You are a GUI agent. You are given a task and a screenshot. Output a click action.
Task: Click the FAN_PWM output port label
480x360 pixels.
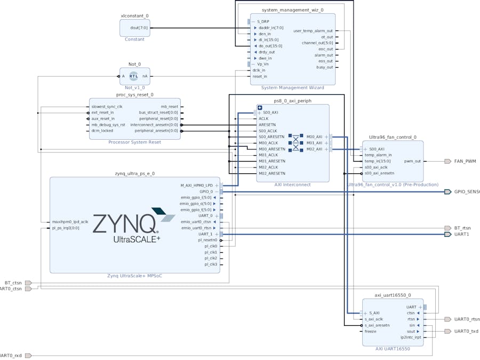coord(465,161)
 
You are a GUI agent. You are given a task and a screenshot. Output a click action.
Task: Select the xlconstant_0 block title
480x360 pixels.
coord(134,17)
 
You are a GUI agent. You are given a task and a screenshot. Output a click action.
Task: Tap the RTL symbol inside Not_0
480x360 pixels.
coord(133,76)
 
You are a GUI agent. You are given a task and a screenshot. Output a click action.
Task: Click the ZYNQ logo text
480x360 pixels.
coord(124,224)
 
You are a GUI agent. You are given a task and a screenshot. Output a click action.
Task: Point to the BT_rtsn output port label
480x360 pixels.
coord(462,228)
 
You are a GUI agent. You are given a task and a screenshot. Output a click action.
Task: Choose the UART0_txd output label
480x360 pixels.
coord(466,331)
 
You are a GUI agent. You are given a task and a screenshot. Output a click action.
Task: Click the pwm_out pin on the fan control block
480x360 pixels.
coord(412,161)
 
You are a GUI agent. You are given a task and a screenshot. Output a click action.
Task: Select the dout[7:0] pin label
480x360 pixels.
coord(139,28)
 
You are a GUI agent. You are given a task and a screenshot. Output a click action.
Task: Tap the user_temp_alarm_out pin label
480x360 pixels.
coord(313,31)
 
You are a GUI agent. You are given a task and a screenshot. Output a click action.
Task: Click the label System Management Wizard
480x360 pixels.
coord(292,87)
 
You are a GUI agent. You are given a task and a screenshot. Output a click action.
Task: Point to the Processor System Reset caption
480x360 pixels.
coord(134,142)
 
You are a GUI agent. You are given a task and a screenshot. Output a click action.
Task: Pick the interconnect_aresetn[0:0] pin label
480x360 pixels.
coord(158,125)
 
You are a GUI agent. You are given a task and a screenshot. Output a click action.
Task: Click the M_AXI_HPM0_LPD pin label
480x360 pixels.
coord(197,186)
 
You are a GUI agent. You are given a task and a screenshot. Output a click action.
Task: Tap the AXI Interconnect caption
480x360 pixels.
coord(292,185)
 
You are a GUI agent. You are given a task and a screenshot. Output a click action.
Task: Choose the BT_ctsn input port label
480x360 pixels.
coord(13,283)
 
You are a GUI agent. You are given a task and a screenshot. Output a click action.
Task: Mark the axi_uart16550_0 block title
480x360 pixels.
coord(393,295)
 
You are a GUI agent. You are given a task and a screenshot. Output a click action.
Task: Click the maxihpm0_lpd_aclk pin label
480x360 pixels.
coord(70,221)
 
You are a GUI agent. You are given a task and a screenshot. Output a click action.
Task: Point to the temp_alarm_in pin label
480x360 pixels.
coord(378,155)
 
